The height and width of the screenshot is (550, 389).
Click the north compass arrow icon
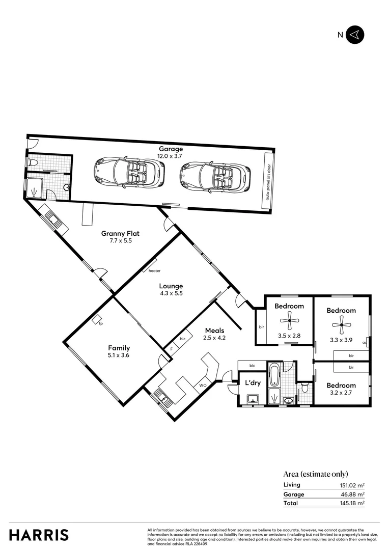(x=355, y=35)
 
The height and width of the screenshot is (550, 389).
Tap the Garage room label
(x=170, y=149)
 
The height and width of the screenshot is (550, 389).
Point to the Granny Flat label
(x=120, y=234)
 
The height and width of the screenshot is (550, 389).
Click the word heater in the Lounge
(x=154, y=271)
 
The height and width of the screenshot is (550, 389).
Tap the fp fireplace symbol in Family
(x=97, y=320)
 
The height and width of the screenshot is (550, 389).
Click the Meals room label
(x=215, y=330)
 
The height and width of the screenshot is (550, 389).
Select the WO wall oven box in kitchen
(x=202, y=385)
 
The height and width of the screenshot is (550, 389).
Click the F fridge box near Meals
(x=171, y=349)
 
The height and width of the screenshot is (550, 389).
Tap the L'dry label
(x=253, y=383)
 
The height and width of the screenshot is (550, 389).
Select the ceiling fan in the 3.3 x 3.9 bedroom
(x=341, y=324)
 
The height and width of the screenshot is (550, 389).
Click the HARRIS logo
(x=39, y=535)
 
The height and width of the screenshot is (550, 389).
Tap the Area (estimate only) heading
(x=316, y=474)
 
